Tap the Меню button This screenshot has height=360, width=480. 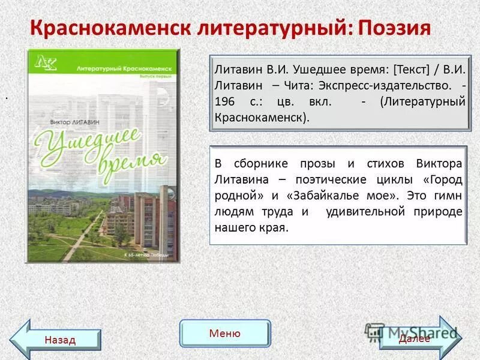tap(225, 334)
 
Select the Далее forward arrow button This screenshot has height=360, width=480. tap(418, 338)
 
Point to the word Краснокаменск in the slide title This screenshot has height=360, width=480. tap(109, 28)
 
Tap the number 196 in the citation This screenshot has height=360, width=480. tap(226, 102)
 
